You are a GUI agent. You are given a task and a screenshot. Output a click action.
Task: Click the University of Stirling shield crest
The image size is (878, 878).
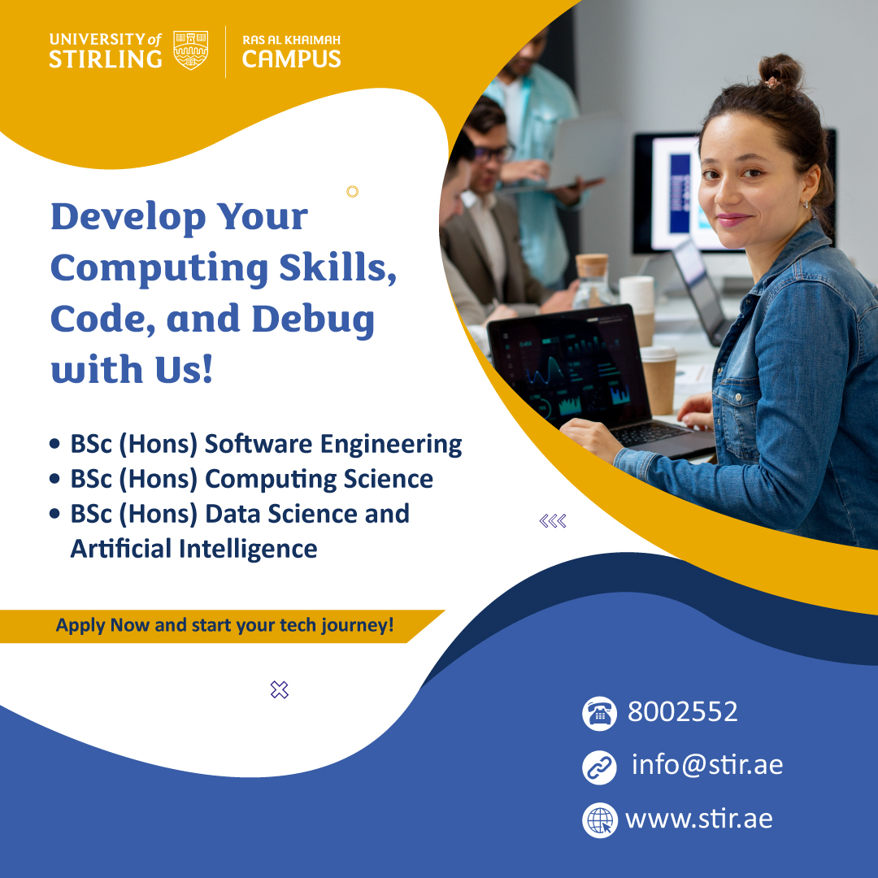pos(190,50)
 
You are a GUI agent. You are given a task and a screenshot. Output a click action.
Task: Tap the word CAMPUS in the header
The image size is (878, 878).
pos(291,59)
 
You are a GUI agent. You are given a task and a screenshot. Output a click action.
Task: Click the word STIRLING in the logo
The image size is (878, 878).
pos(105,59)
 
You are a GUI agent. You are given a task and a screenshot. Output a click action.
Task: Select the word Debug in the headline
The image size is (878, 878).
pos(313,319)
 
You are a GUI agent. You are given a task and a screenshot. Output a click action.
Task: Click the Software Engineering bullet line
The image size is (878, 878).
pos(266,445)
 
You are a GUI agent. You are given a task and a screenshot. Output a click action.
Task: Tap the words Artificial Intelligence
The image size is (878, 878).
pos(193,549)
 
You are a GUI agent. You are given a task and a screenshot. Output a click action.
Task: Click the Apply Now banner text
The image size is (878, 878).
pos(224,625)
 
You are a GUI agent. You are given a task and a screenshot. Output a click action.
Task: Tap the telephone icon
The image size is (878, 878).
pos(599,714)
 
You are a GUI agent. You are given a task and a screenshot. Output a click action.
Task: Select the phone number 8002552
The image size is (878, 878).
pos(683,711)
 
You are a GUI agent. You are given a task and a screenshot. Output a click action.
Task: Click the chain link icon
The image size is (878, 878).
pos(599,767)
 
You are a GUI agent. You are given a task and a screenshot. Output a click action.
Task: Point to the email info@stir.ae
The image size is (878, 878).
pos(707,765)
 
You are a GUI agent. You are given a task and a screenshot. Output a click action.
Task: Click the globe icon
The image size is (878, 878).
pos(600,820)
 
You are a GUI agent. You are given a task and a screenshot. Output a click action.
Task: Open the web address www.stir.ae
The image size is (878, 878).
pos(699,819)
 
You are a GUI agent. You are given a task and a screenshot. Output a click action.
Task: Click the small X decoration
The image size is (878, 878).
pos(280,690)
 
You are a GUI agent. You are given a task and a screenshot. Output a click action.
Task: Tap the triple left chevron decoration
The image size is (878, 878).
pos(553,521)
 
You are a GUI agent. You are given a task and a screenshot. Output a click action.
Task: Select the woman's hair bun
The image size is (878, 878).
pos(780,72)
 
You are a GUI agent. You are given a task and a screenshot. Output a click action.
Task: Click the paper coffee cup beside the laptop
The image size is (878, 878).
pos(658,380)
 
